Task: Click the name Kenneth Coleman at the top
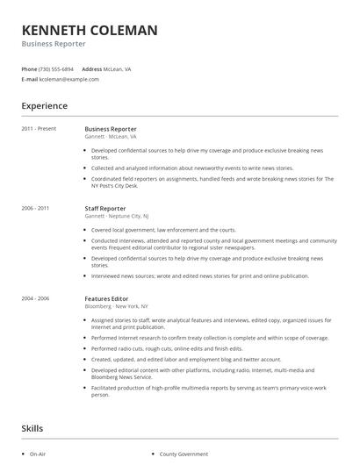click(x=90, y=31)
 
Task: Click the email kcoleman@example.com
click(x=68, y=79)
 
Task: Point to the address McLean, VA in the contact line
click(x=118, y=68)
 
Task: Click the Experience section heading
click(x=45, y=106)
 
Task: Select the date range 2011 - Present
click(x=39, y=129)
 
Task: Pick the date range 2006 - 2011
click(x=36, y=208)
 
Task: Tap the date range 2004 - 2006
click(x=36, y=298)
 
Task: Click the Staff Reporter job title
click(x=106, y=208)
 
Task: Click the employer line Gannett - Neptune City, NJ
click(x=117, y=215)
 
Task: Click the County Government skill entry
click(x=184, y=454)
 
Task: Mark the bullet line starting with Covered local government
click(x=151, y=230)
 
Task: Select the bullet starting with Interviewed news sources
click(x=199, y=275)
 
